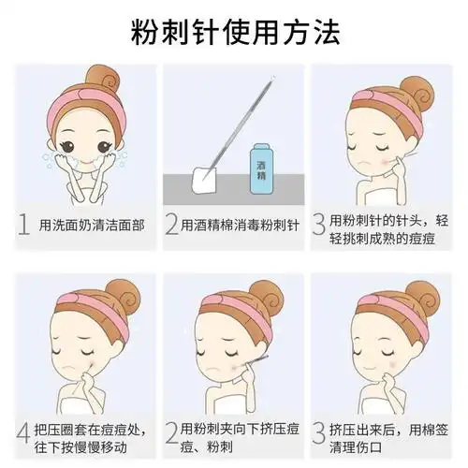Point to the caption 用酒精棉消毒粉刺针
click(x=241, y=225)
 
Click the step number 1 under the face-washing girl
click(x=22, y=225)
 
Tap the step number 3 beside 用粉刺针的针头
click(x=319, y=225)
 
